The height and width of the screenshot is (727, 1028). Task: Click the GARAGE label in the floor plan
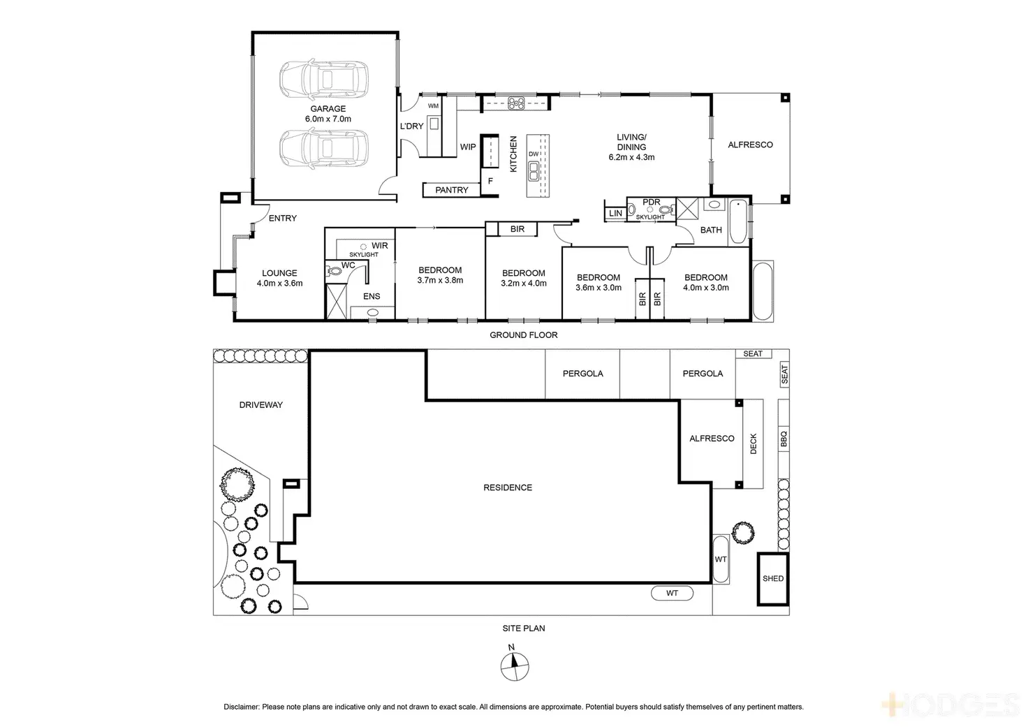coord(328,109)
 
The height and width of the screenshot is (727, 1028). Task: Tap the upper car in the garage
coord(323,80)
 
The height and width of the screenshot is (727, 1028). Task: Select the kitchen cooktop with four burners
coord(517,103)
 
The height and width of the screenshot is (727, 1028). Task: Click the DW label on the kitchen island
coord(534,154)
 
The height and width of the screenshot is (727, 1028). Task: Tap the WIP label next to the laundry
coord(468,147)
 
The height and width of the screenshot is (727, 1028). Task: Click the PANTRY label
coord(451,190)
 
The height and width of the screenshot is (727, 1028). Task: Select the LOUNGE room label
coord(279,273)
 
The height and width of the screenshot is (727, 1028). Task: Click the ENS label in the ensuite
coord(372,296)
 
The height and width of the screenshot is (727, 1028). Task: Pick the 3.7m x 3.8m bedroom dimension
coord(440,280)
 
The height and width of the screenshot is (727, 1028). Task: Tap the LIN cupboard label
coord(615,214)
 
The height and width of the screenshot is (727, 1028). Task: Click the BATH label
coord(711,230)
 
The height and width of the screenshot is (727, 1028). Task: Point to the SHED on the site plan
coord(773,578)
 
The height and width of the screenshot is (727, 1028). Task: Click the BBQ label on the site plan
coord(784,439)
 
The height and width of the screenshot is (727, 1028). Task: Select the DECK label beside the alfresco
coord(754,444)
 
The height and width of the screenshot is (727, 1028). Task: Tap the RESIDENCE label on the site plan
coord(508,487)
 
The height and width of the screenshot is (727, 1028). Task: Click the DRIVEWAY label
coord(260,405)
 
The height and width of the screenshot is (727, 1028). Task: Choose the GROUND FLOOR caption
coord(523,335)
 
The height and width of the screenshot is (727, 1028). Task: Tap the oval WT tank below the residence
coord(672,594)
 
